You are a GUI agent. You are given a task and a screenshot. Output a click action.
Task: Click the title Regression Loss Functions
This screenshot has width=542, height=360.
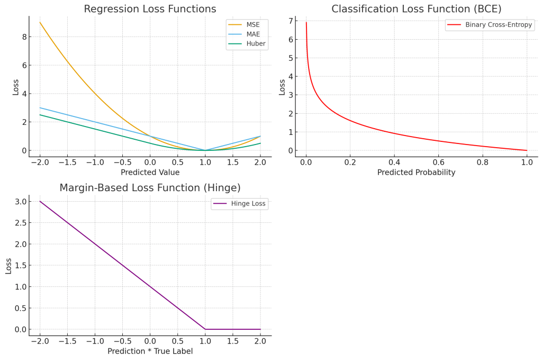(150, 9)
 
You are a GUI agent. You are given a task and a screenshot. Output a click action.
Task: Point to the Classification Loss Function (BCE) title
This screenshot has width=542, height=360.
(417, 9)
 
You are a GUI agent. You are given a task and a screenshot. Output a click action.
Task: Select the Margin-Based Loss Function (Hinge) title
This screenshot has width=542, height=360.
(150, 188)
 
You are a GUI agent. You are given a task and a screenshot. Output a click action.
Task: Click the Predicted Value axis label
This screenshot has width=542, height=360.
(150, 173)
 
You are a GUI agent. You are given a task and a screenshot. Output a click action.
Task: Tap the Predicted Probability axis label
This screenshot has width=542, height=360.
(417, 173)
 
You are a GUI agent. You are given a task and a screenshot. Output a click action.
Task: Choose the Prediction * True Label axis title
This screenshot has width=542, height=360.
(150, 352)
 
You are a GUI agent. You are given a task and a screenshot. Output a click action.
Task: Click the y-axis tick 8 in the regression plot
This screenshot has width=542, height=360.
(24, 37)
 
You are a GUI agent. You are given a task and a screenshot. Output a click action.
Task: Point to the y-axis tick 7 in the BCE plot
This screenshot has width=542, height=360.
(290, 21)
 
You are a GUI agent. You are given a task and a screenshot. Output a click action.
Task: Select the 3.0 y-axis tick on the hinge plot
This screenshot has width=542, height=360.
(20, 201)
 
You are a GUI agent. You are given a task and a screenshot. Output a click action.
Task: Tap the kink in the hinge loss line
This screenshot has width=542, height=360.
(205, 329)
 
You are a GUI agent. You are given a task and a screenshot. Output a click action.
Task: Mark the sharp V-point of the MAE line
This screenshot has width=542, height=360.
(205, 150)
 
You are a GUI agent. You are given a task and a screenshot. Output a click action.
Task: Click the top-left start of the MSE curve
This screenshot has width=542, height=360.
(40, 22)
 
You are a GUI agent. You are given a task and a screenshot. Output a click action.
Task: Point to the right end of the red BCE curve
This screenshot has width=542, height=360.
(527, 150)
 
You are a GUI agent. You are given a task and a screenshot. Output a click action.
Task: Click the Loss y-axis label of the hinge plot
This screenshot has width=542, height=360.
(8, 265)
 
